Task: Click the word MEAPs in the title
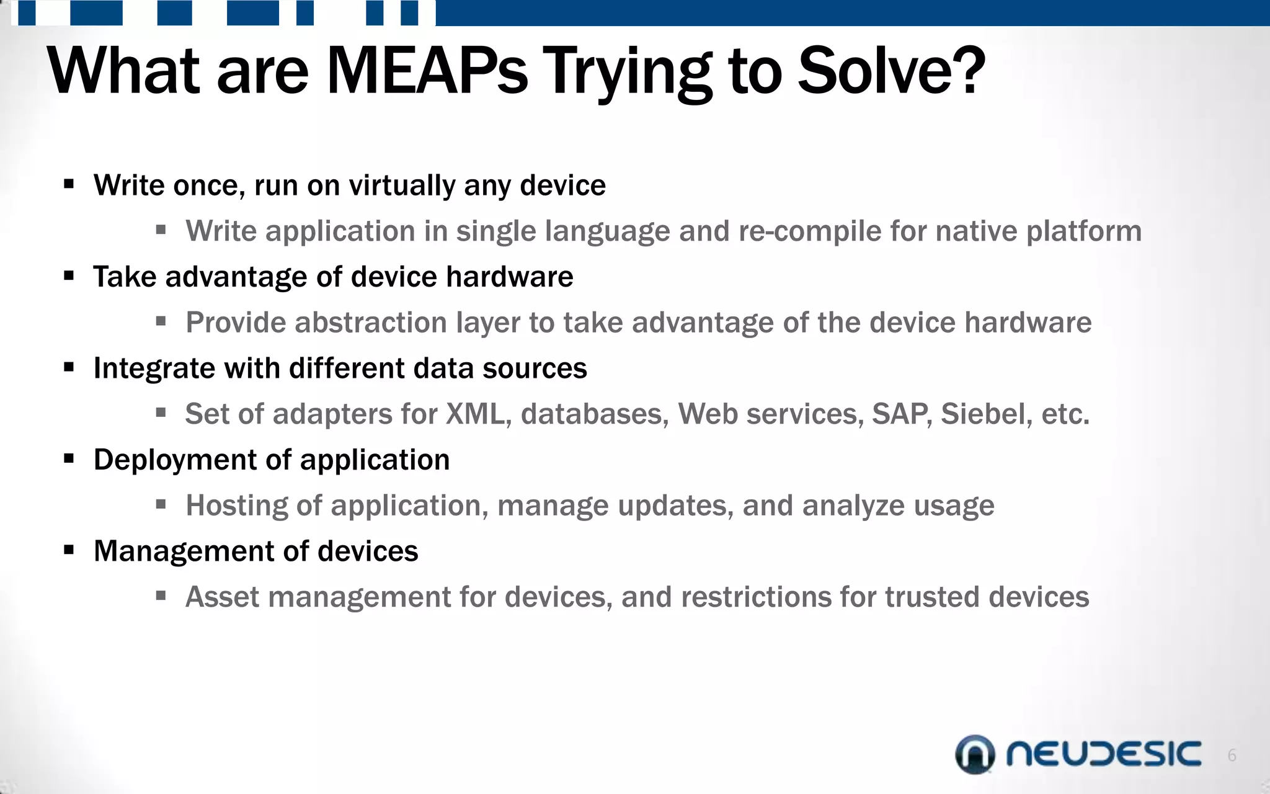(x=427, y=71)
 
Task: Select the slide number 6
(x=1232, y=756)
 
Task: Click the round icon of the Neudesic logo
(x=975, y=754)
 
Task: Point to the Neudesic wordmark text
(x=1103, y=754)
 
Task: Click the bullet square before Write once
(x=69, y=184)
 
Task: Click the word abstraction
(x=371, y=323)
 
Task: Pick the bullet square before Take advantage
(x=69, y=275)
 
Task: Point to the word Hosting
(x=237, y=506)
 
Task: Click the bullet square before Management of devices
(x=69, y=550)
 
